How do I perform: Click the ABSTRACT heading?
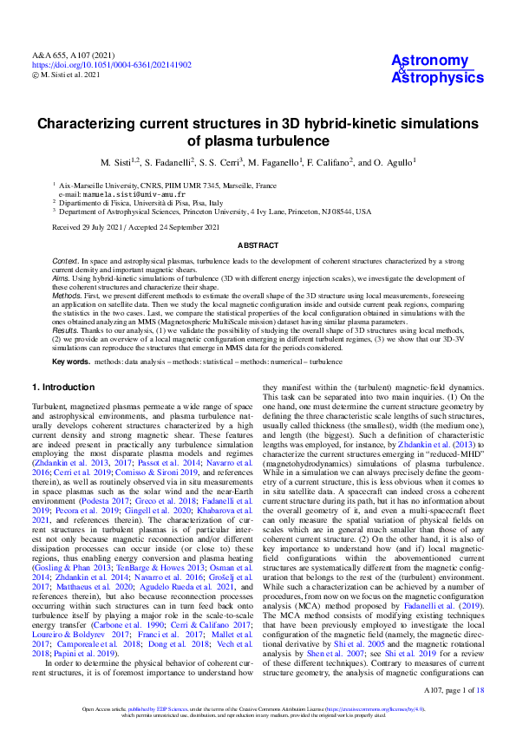pyautogui.click(x=258, y=245)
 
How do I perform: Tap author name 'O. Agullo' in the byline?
pyautogui.click(x=386, y=163)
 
